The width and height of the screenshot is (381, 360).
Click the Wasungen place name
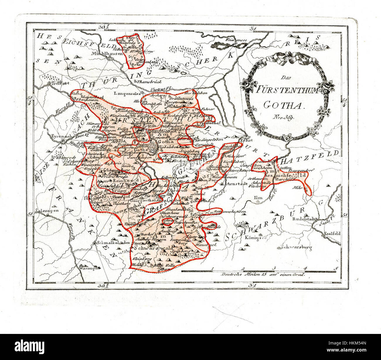(88, 267)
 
